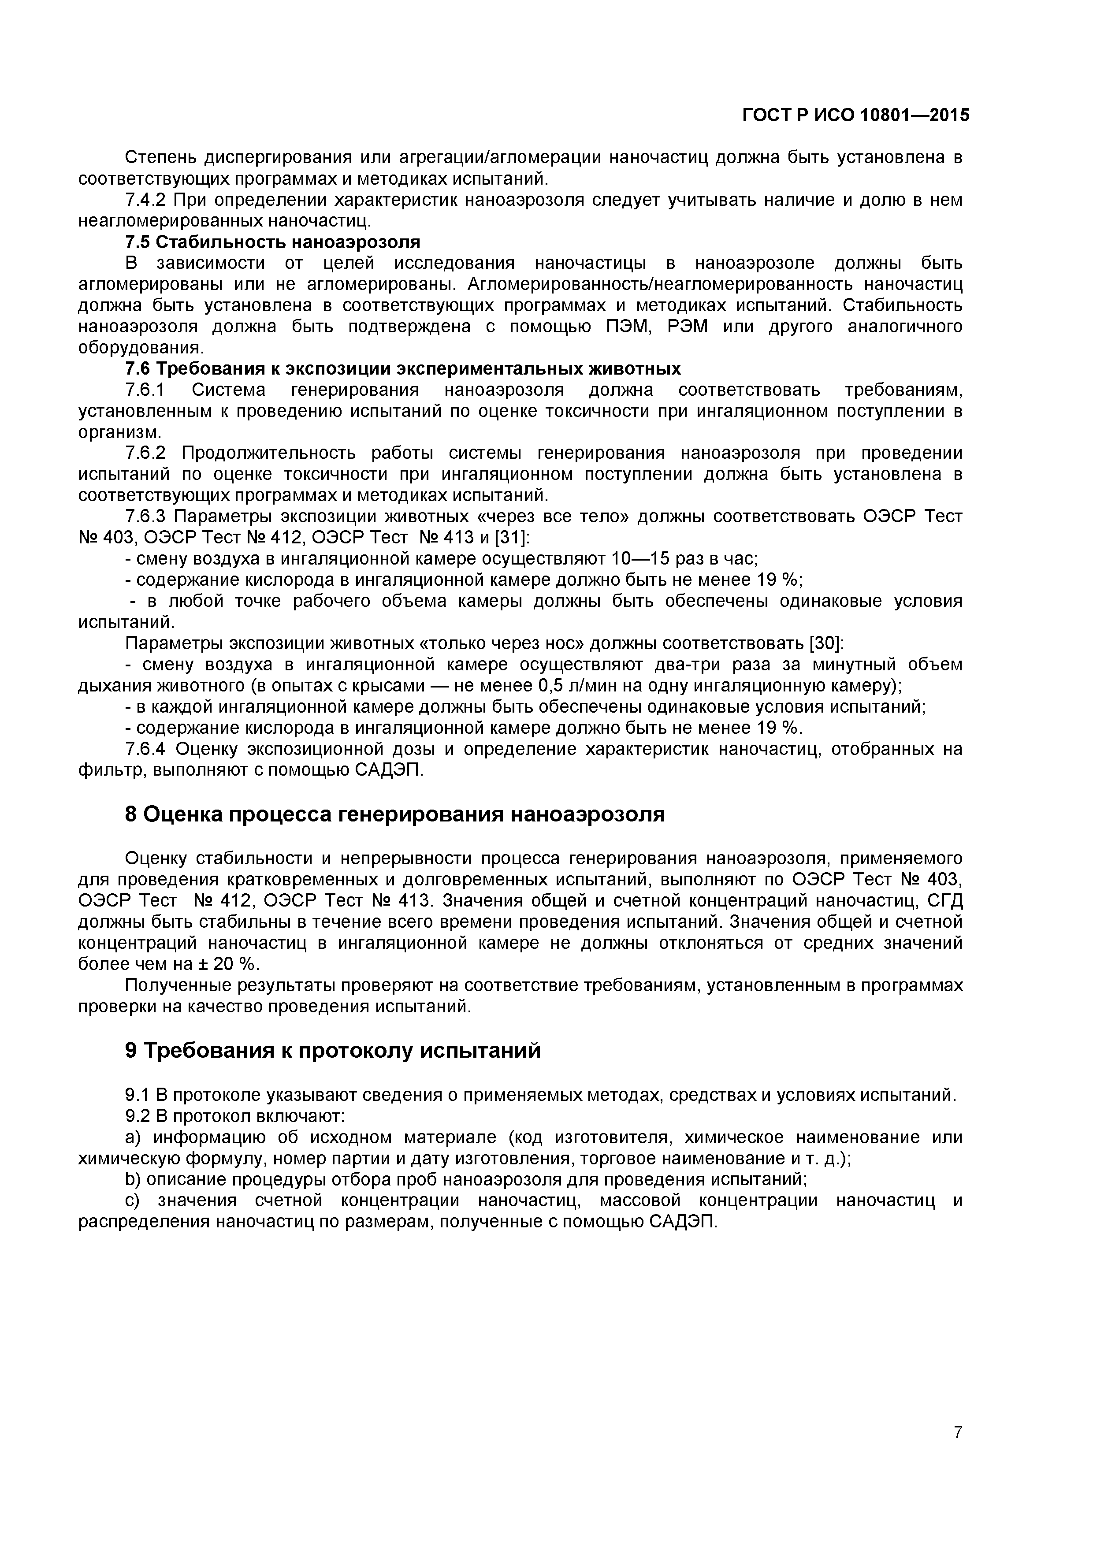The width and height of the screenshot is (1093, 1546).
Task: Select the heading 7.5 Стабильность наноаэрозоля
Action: point(273,242)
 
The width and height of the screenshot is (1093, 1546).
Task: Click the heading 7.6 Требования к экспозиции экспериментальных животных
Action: point(403,369)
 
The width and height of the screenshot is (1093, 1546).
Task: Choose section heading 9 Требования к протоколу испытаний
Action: point(333,1050)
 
